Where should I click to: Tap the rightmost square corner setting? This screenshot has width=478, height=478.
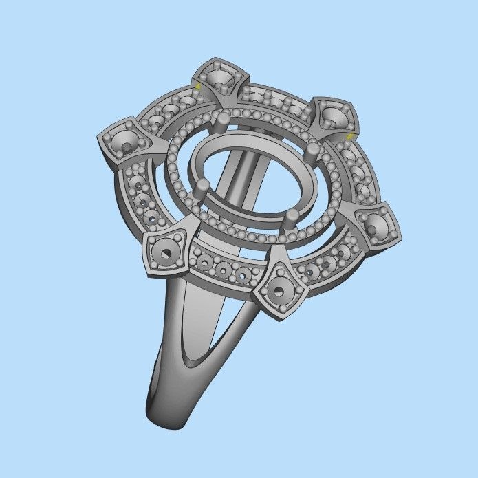pyautogui.click(x=375, y=226)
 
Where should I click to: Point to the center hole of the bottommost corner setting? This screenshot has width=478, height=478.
pyautogui.click(x=279, y=291)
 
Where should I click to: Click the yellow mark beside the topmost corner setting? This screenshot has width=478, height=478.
pyautogui.click(x=197, y=87)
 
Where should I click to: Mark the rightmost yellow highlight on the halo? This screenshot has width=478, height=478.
pyautogui.click(x=350, y=137)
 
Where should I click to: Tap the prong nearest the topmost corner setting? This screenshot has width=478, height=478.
pyautogui.click(x=221, y=122)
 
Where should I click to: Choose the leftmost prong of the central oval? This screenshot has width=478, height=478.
pyautogui.click(x=203, y=187)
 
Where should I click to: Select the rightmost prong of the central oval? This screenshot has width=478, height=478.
pyautogui.click(x=314, y=149)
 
